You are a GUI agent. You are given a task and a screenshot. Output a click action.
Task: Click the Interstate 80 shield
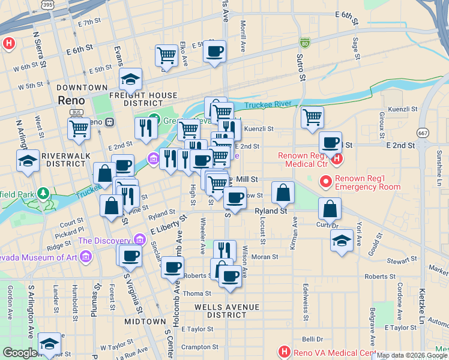(305, 43)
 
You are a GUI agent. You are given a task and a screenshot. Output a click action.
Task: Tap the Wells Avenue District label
(227, 307)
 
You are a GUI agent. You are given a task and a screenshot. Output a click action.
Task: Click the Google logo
(20, 353)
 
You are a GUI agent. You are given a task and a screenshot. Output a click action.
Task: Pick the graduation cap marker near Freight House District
(130, 79)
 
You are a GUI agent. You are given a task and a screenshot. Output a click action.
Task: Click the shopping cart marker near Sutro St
(312, 118)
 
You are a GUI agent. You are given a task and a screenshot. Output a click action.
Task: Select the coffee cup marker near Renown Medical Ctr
(330, 143)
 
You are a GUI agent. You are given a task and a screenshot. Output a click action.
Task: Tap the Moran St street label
(265, 257)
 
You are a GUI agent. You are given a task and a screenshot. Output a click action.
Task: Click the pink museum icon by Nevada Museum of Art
(85, 258)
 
